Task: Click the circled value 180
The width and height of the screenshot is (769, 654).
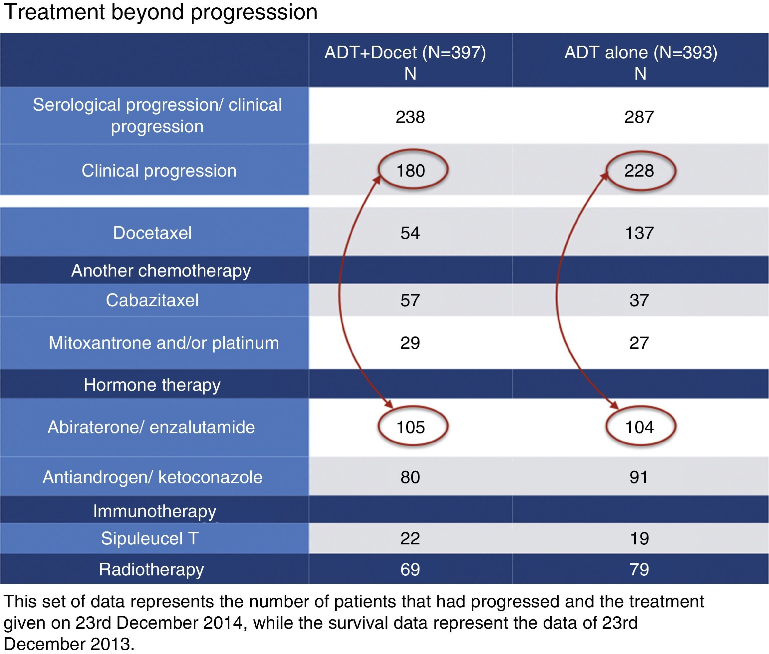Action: (410, 171)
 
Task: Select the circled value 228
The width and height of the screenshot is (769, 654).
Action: (639, 171)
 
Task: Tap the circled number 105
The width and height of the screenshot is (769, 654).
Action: (410, 427)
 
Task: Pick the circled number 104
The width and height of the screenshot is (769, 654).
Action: (640, 427)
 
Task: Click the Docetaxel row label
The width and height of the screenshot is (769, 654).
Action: (152, 233)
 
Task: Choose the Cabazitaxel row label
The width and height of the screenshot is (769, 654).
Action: (152, 300)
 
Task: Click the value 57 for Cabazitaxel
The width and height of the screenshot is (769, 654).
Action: (410, 300)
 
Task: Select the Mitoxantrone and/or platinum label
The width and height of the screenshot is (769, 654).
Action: (164, 343)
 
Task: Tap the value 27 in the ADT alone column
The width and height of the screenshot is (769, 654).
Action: (639, 343)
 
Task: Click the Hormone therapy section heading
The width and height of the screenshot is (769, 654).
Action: (152, 385)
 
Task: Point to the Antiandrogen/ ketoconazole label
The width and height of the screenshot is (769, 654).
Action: (152, 477)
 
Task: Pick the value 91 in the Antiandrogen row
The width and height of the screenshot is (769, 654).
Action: (639, 477)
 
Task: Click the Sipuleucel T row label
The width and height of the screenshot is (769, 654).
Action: (150, 538)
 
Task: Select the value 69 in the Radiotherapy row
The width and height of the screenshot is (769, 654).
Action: (410, 569)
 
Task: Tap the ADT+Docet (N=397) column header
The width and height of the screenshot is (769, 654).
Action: (405, 52)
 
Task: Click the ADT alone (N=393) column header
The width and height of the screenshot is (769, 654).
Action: (641, 52)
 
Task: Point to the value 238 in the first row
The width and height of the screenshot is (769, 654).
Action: (410, 117)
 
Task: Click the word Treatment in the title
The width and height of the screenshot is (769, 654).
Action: (55, 12)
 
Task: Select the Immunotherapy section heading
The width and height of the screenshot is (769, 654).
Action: (154, 511)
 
